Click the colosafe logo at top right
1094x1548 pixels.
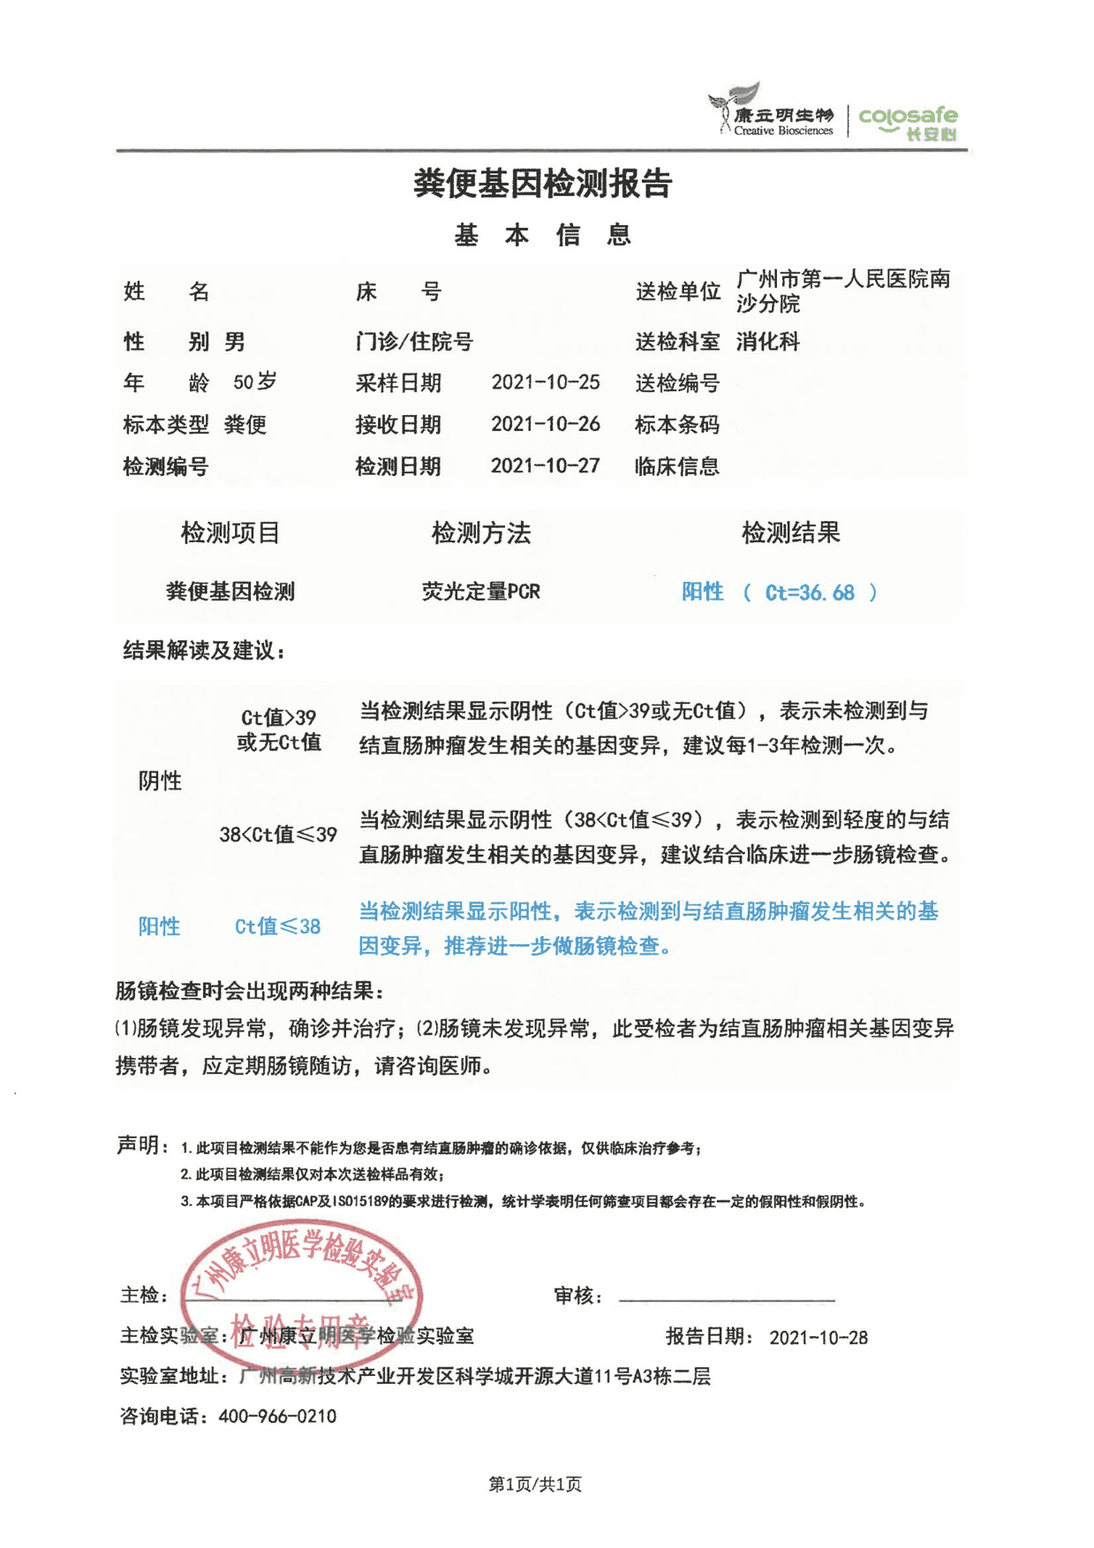point(908,122)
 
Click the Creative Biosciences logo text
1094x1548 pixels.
point(782,131)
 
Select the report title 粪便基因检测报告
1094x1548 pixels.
point(543,184)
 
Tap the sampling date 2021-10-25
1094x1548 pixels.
point(545,382)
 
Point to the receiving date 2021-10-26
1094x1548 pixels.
point(545,424)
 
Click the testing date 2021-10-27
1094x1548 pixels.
point(545,465)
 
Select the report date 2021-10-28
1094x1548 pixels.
point(818,1337)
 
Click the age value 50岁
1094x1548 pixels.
point(254,382)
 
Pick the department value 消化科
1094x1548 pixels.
point(767,342)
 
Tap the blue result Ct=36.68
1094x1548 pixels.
point(809,593)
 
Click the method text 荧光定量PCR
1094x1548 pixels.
point(480,592)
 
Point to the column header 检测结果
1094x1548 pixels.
point(790,532)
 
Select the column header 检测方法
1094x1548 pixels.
point(480,532)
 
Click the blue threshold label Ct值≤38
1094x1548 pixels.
point(277,926)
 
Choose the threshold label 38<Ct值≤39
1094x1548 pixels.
point(278,834)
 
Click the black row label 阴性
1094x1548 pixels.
point(160,781)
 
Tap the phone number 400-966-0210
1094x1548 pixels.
point(277,1416)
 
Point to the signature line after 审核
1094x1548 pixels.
point(726,1299)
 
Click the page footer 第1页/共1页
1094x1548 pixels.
point(535,1484)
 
